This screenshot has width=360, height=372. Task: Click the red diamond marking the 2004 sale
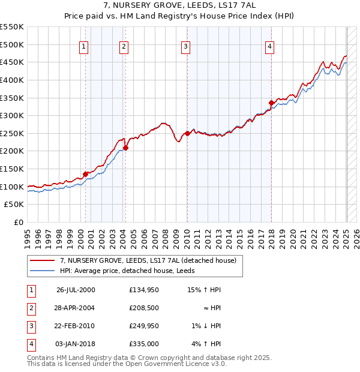(x=126, y=148)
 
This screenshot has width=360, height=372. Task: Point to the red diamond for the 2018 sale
(x=271, y=103)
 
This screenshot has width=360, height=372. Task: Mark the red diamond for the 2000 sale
(x=86, y=174)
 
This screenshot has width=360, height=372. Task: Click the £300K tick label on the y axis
(x=12, y=115)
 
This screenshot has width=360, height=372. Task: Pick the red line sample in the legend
(x=42, y=261)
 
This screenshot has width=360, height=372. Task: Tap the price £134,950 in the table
(x=144, y=290)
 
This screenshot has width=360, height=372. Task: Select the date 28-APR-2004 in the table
(x=76, y=308)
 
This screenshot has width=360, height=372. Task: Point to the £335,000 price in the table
(x=144, y=344)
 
